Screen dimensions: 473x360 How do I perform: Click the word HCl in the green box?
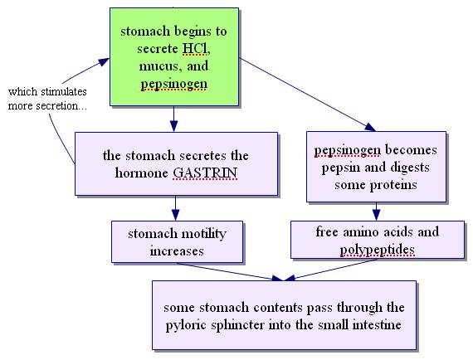pos(196,49)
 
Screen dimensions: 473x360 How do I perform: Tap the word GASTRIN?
pos(205,173)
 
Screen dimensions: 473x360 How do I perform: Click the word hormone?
pos(141,173)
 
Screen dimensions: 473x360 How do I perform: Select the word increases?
pos(177,251)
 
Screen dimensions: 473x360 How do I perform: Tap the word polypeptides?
pos(377,250)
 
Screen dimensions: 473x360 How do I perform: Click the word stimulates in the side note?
pos(64,91)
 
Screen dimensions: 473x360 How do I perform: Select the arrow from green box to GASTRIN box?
pos(173,119)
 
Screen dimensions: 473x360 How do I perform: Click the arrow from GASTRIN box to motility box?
pos(176,208)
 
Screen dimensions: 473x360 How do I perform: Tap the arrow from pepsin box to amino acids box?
pos(376,212)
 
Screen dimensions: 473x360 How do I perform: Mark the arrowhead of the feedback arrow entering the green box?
pos(105,61)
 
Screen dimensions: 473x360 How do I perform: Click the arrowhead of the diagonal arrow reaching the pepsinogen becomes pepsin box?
pos(370,127)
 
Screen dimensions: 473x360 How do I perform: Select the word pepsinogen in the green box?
pos(174,84)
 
